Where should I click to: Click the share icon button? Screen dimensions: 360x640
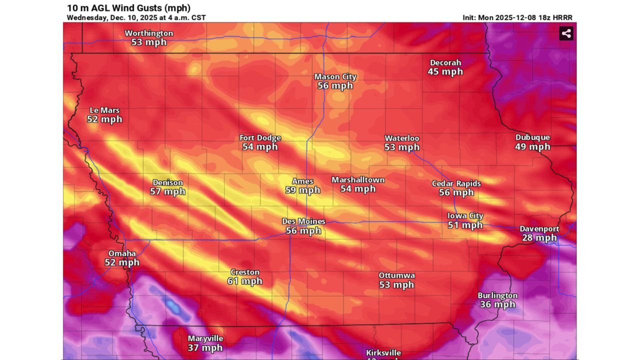pos(566,33)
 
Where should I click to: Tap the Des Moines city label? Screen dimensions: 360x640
pos(303,221)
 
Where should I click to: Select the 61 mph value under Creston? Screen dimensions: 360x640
pos(244,281)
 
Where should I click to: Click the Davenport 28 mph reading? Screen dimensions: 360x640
pos(539,237)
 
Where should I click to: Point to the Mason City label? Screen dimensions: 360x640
pos(335,76)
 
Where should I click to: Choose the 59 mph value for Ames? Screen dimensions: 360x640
pos(302,190)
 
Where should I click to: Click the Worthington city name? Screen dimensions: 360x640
pos(148,33)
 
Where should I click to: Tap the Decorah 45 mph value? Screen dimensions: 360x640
pos(445,71)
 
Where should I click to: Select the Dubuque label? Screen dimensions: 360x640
pos(532,137)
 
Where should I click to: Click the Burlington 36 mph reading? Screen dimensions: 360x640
pos(497,304)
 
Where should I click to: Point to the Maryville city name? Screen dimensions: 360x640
pos(205,338)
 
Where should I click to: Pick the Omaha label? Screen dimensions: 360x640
pos(122,253)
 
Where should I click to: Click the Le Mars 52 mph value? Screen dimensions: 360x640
pos(104,119)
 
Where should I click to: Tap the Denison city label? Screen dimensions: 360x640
pos(167,182)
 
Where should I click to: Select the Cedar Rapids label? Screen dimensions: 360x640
pos(456,183)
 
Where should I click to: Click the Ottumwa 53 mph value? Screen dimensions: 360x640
pos(396,284)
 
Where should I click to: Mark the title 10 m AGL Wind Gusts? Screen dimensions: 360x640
pos(128,8)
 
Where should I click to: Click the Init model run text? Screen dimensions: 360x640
pos(517,17)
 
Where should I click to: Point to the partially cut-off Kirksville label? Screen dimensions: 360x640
pos(383,353)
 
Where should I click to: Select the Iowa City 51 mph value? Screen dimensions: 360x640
pos(465,225)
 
